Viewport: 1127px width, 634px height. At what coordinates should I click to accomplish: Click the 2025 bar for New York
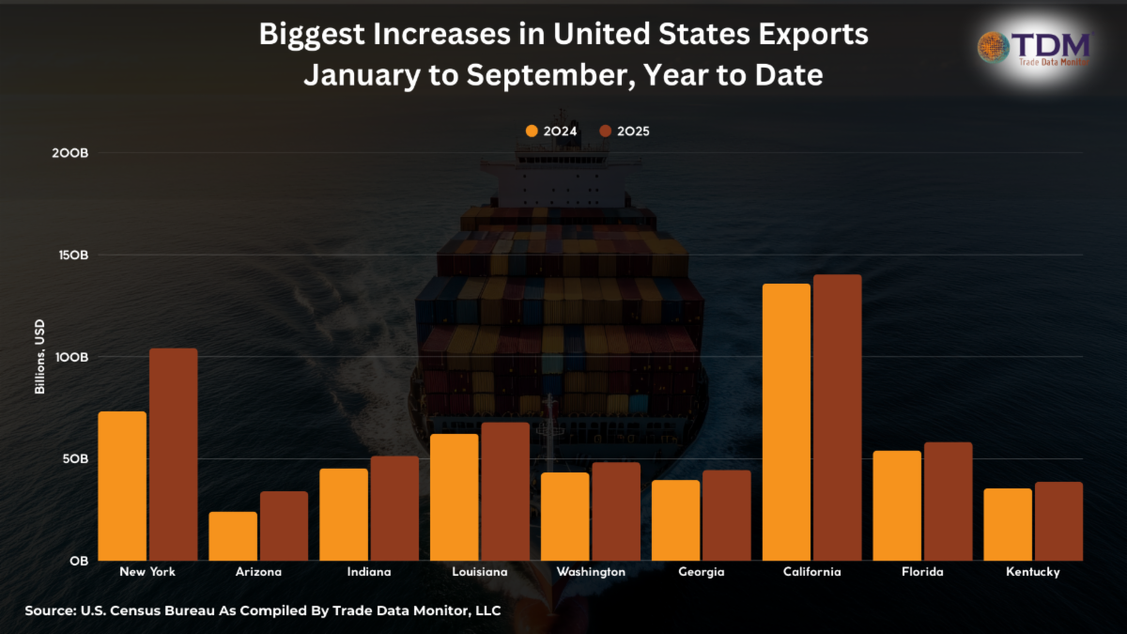174,455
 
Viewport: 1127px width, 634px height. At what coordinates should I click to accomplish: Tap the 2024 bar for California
786,422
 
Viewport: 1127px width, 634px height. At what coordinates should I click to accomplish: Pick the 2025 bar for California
838,417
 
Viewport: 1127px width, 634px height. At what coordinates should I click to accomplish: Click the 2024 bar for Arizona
233,536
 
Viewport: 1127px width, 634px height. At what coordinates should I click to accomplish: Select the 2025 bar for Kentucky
1058,521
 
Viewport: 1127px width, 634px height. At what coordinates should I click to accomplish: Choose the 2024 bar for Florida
897,505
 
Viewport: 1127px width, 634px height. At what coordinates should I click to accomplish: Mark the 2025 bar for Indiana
394,508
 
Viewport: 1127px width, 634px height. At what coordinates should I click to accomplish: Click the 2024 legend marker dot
533,131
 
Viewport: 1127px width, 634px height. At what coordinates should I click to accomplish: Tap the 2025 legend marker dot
606,131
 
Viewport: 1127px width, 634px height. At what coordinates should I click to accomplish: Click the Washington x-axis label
591,572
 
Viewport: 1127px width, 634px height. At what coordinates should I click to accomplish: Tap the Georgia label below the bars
702,572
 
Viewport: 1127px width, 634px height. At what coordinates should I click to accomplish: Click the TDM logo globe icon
994,46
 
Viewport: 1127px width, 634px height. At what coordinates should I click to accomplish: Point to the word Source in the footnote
48,611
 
